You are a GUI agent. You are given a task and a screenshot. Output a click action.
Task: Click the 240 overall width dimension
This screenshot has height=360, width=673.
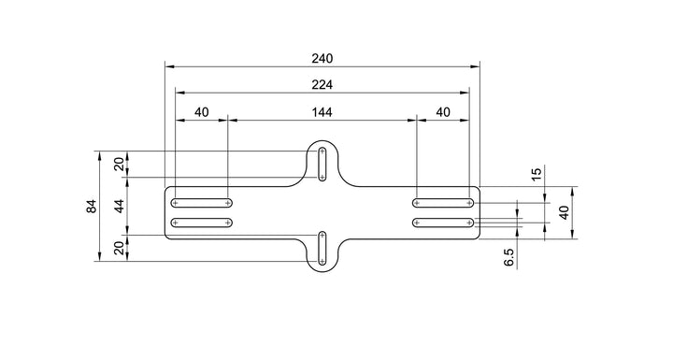[322, 58]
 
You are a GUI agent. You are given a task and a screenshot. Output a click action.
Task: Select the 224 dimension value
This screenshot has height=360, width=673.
[322, 85]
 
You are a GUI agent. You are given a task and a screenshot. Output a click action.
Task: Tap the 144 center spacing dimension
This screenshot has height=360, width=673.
[322, 112]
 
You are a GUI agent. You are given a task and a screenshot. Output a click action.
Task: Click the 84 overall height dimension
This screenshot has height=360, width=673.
[92, 207]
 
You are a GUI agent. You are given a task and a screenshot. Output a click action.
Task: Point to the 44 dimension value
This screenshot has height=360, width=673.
[121, 207]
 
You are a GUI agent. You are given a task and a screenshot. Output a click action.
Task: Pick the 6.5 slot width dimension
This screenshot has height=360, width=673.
[509, 257]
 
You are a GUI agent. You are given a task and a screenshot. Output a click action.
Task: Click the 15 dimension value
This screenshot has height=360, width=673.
[537, 175]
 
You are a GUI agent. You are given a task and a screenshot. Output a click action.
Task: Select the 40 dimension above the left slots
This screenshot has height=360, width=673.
[202, 112]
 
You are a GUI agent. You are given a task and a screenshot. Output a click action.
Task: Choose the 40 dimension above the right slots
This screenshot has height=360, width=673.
[443, 112]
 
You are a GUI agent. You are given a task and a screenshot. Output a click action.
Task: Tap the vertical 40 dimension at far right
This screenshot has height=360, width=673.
[565, 212]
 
